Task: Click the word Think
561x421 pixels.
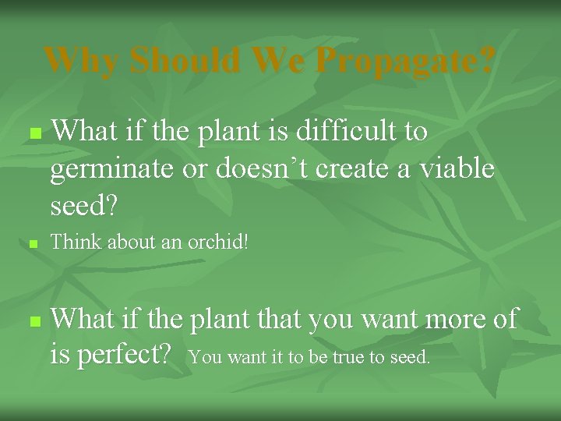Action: pyautogui.click(x=76, y=243)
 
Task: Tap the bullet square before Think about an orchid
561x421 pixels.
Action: pyautogui.click(x=33, y=245)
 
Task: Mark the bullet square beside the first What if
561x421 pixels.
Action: pyautogui.click(x=33, y=134)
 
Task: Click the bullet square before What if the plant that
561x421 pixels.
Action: pyautogui.click(x=33, y=321)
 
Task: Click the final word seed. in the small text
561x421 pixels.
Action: pyautogui.click(x=409, y=359)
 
